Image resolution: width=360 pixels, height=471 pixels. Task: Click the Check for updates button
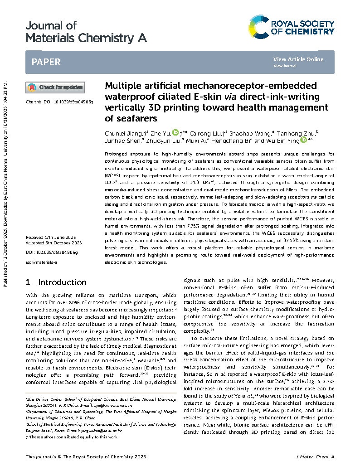(x=55, y=87)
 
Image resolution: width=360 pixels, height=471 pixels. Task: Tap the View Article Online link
(x=298, y=59)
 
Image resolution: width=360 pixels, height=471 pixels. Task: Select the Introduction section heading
(x=62, y=282)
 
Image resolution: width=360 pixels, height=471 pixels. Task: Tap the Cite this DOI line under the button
(x=59, y=102)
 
